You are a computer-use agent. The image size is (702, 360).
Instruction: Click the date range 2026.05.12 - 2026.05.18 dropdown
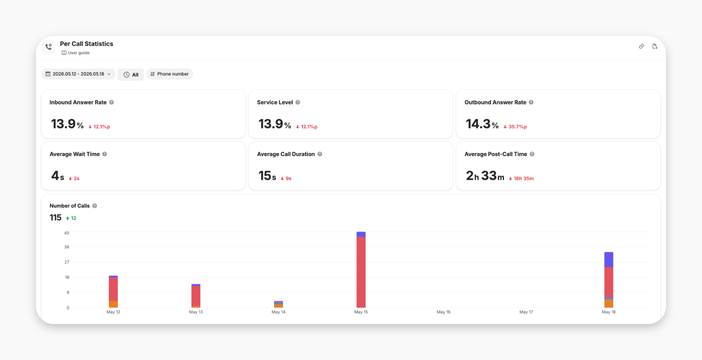78,74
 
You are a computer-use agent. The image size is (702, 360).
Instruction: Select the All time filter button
130,75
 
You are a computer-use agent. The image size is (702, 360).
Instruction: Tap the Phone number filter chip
170,74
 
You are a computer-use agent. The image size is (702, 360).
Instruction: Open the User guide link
76,53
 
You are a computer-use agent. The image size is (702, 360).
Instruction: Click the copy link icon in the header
642,46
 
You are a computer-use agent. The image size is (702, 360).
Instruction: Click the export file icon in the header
655,46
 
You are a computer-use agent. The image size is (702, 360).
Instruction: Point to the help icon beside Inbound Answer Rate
112,103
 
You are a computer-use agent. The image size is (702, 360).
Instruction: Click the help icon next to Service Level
298,103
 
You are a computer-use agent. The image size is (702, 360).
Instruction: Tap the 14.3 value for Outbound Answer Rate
478,124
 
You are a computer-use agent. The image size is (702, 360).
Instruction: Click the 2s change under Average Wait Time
74,178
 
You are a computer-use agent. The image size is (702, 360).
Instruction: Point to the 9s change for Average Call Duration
286,178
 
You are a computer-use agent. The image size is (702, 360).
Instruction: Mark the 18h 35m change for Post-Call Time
521,178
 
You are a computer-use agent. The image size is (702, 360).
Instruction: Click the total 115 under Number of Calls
55,217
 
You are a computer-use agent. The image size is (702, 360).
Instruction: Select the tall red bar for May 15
361,272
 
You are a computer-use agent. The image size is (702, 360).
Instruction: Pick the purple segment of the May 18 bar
608,260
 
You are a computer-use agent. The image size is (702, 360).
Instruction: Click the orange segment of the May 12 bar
113,304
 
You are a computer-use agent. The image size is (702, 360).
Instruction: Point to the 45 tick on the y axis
67,233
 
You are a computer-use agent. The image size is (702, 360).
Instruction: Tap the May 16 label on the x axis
443,312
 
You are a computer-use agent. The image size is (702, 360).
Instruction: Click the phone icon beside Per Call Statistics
49,47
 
